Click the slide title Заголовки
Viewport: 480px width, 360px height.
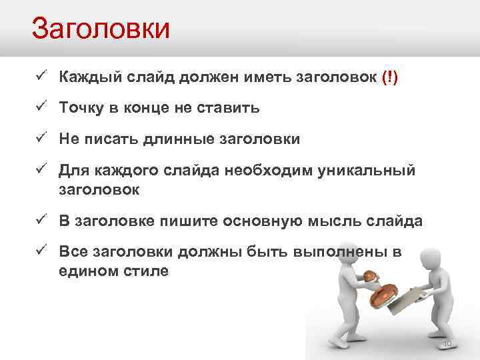101,29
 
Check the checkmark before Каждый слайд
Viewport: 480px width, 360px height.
41,76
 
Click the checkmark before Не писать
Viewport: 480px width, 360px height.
41,139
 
